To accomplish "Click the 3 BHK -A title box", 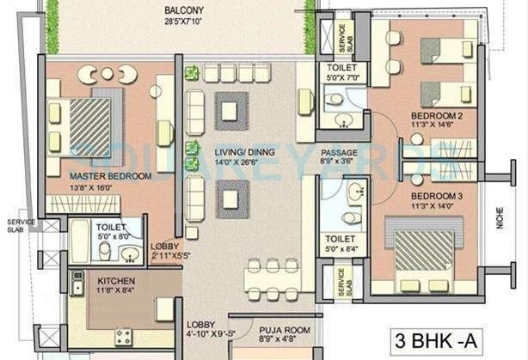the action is coord(436,341).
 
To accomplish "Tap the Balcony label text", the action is coord(183,10).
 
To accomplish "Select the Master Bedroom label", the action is coord(110,176).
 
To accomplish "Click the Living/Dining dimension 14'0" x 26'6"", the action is coord(236,162).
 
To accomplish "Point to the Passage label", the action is coord(339,153).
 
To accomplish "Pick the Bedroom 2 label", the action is coord(437,116).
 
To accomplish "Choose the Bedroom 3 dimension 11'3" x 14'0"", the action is coord(433,206).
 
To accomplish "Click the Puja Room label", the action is coord(285,331).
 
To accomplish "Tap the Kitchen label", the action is coord(116,281).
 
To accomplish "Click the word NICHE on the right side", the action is coord(500,218).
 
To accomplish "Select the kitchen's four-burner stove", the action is coord(123,337).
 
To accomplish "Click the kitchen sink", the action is coord(77,284).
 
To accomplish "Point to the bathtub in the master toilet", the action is coord(79,241).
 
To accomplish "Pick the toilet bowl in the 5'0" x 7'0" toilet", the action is coord(334,99).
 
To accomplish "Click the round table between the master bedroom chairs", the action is coord(107,74).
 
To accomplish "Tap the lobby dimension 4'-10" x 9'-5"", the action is coord(211,334).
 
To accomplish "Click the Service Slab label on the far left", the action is coord(21,226).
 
